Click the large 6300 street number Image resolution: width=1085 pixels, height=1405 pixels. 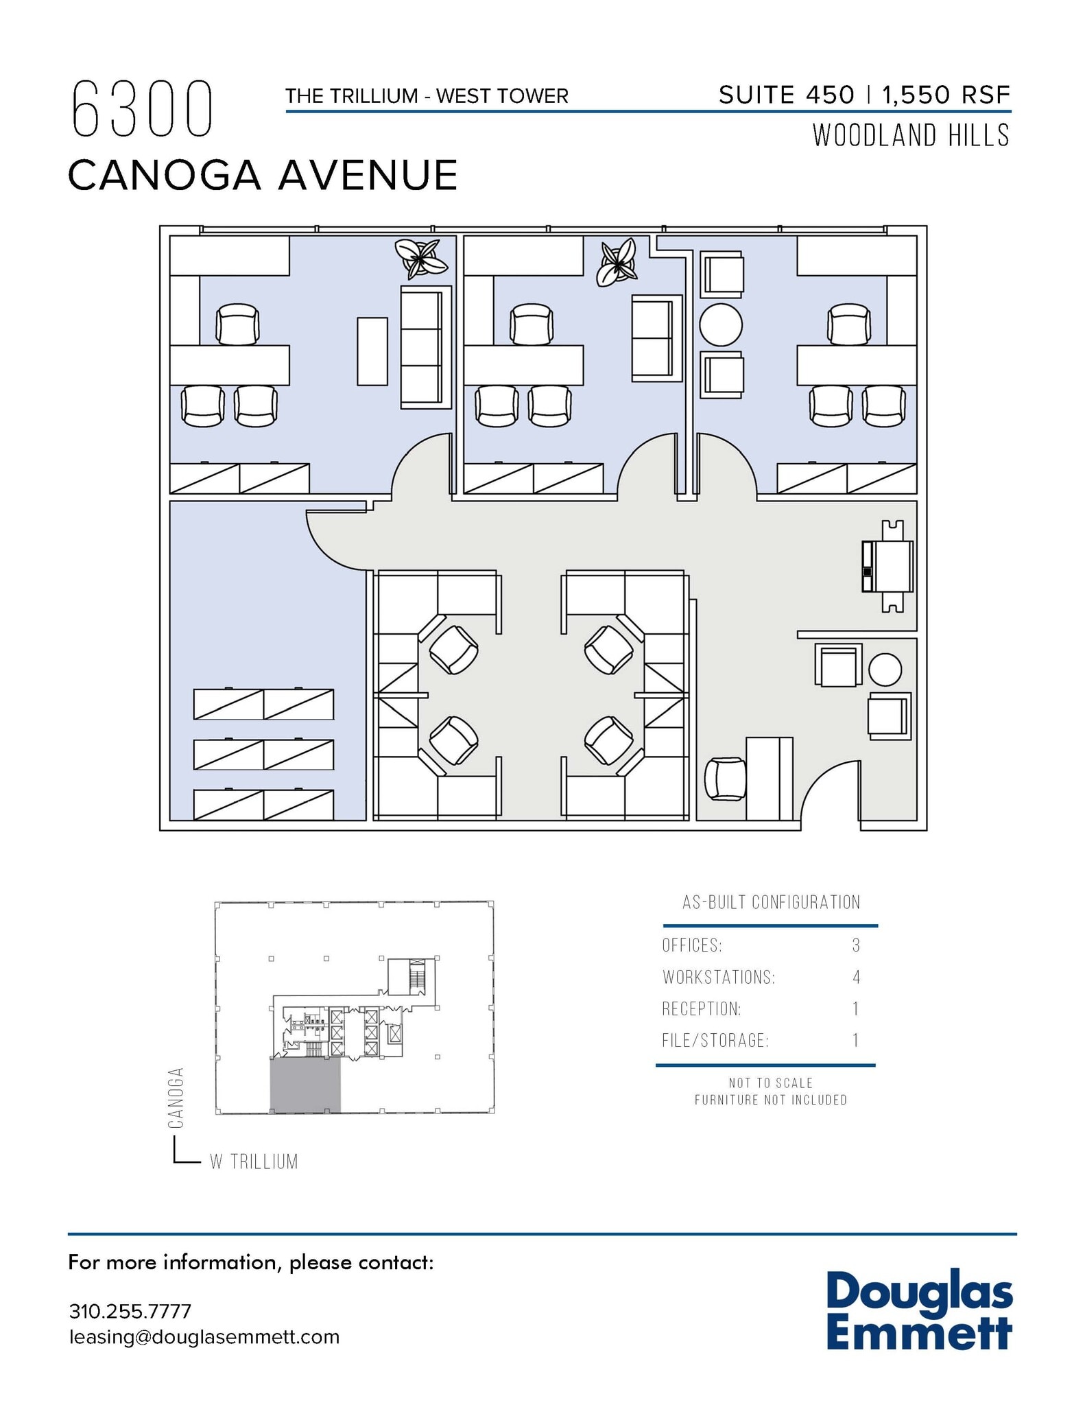point(142,110)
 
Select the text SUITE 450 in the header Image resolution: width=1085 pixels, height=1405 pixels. point(786,95)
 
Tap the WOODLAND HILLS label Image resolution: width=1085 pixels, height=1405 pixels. point(911,136)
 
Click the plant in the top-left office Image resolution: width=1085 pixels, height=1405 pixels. point(420,259)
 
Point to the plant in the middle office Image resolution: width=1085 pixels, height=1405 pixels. point(617,262)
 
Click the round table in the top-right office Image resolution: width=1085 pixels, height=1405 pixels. point(720,324)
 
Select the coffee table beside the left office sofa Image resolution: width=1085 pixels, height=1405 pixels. point(372,351)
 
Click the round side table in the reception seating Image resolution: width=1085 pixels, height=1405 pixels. point(885,670)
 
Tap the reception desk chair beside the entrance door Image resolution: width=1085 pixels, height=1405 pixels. point(725,779)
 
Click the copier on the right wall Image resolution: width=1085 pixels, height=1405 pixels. point(889,566)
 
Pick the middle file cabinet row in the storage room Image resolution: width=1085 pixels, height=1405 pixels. point(263,755)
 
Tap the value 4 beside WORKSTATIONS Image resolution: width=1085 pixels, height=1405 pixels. point(856,977)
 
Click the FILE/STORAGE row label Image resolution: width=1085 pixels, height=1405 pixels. point(715,1041)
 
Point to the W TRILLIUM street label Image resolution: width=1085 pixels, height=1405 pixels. point(254,1161)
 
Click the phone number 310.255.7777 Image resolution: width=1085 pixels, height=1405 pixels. point(130,1311)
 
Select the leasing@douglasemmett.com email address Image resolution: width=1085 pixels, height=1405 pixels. point(204,1337)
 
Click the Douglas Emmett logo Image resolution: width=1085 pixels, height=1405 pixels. point(919,1311)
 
